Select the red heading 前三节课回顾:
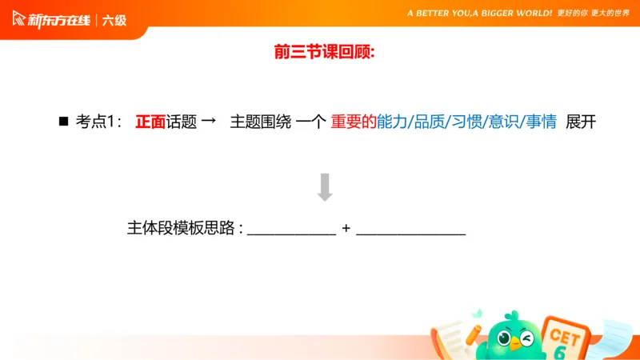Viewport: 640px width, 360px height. pyautogui.click(x=324, y=53)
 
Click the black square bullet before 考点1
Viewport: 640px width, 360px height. pyautogui.click(x=63, y=122)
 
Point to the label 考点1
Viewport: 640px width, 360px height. pyautogui.click(x=98, y=122)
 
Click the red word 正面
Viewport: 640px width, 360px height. pyautogui.click(x=150, y=122)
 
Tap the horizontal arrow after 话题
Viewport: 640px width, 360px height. pyautogui.click(x=207, y=122)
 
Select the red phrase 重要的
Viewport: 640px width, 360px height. pyautogui.click(x=354, y=122)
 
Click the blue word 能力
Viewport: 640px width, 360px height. pyautogui.click(x=391, y=122)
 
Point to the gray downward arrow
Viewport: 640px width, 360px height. pyautogui.click(x=325, y=186)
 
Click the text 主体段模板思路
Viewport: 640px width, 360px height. pyautogui.click(x=182, y=228)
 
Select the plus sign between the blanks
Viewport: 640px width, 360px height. pyautogui.click(x=346, y=228)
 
